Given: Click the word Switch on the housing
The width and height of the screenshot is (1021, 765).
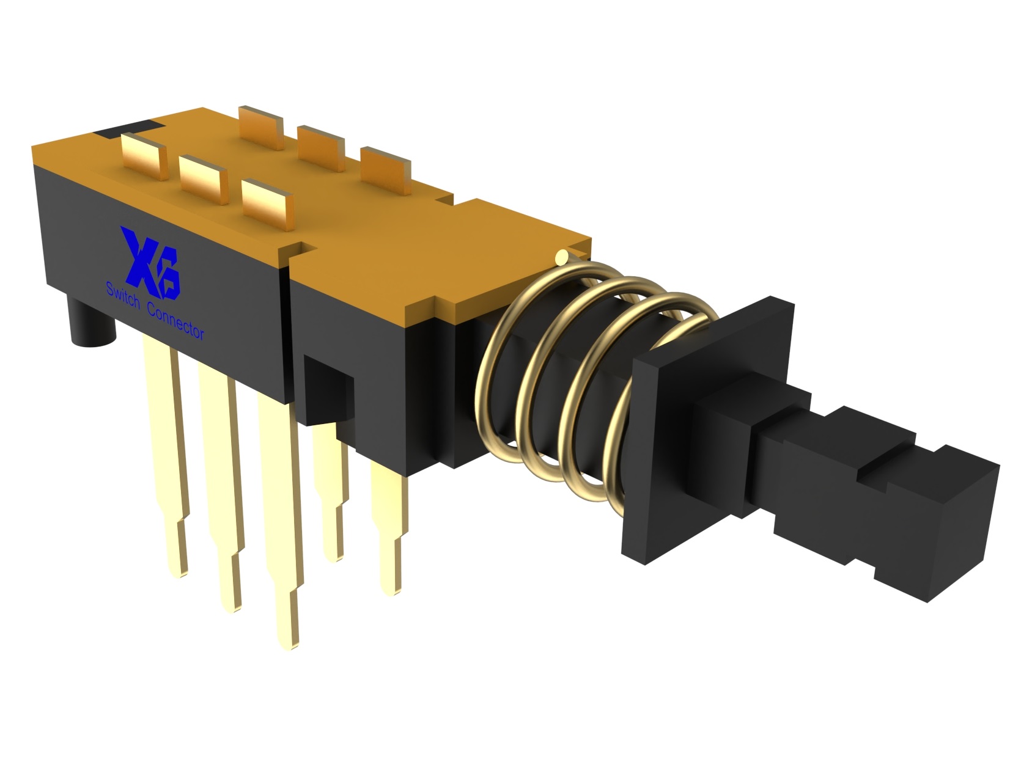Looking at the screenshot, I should [x=123, y=295].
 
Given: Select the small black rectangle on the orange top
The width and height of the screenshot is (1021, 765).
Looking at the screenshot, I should [x=128, y=128].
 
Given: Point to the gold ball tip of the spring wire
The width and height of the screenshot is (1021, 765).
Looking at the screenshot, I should [x=562, y=257].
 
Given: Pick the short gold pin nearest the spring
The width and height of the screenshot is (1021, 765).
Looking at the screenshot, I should [x=389, y=525].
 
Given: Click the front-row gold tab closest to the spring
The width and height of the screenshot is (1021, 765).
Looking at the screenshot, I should [x=267, y=202].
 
